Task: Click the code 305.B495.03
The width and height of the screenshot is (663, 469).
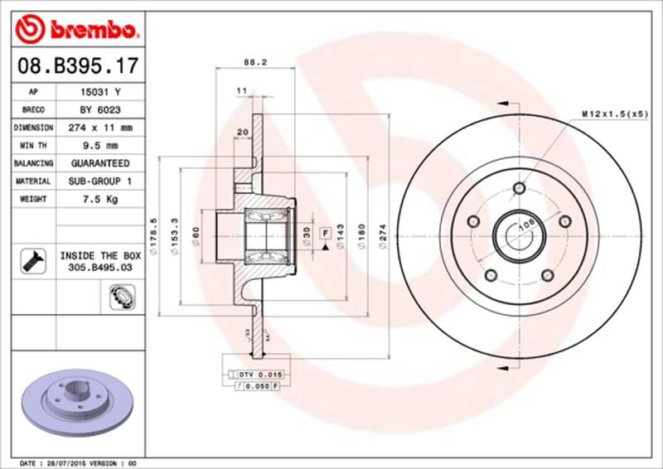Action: point(97,269)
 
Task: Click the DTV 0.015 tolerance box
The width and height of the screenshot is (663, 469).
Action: point(261,375)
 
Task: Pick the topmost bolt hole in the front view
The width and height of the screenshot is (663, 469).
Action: point(520,186)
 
